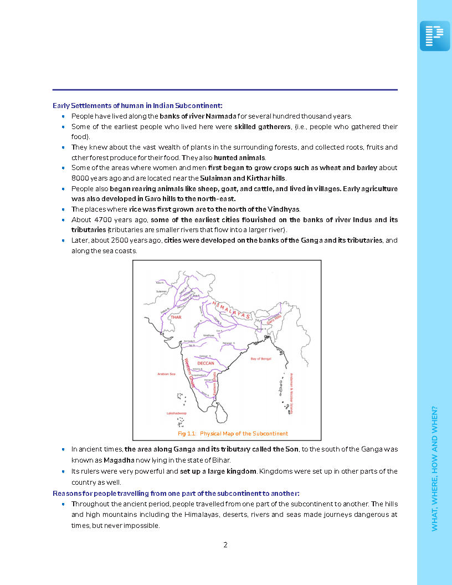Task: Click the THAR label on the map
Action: point(176,317)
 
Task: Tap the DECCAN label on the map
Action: point(206,363)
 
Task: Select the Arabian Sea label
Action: point(167,374)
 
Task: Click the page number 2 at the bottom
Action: point(225,545)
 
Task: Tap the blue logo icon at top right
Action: point(434,36)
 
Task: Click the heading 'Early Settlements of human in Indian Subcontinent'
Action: point(137,105)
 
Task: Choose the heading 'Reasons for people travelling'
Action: point(176,493)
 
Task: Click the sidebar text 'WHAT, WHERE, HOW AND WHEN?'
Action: point(435,469)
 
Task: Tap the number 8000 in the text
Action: point(81,178)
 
